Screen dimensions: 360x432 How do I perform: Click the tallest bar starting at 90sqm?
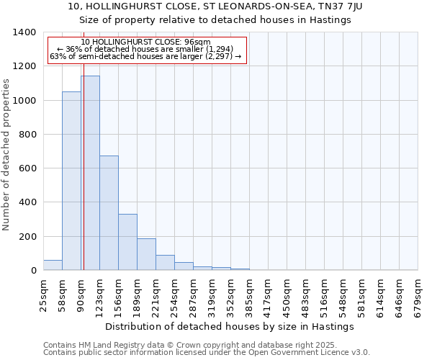(x=90, y=173)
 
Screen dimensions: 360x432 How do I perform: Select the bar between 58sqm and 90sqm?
(x=71, y=181)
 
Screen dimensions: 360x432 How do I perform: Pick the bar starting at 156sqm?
(x=127, y=242)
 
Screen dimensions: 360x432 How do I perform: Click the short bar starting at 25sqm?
(x=53, y=265)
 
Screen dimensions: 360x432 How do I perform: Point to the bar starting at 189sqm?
(x=146, y=254)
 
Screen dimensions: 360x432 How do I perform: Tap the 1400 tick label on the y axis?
(x=24, y=32)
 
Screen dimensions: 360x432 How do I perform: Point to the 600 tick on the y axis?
(x=27, y=168)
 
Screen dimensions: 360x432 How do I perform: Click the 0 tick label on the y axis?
(x=33, y=271)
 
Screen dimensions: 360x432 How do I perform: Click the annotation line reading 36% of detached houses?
(x=147, y=49)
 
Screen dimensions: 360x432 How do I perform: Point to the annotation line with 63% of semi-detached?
(x=147, y=56)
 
